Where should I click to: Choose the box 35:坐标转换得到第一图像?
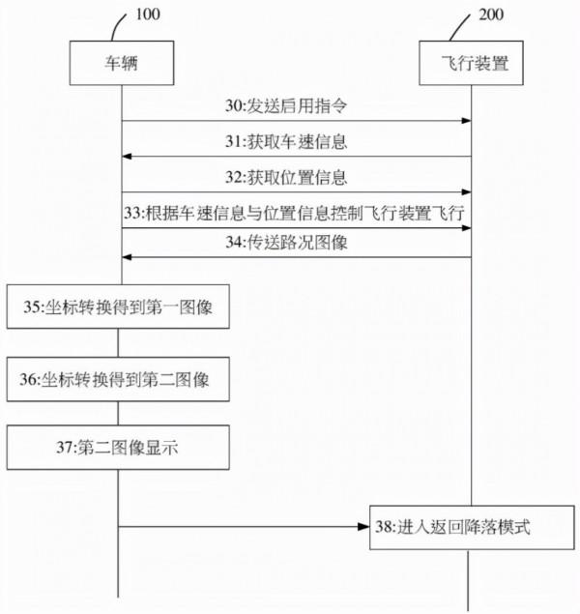pyautogui.click(x=119, y=308)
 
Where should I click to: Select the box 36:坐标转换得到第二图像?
pyautogui.click(x=119, y=380)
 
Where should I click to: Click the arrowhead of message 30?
pyautogui.click(x=466, y=121)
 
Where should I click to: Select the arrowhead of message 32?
pyautogui.click(x=466, y=192)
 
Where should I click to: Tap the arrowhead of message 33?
pyautogui.click(x=466, y=227)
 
